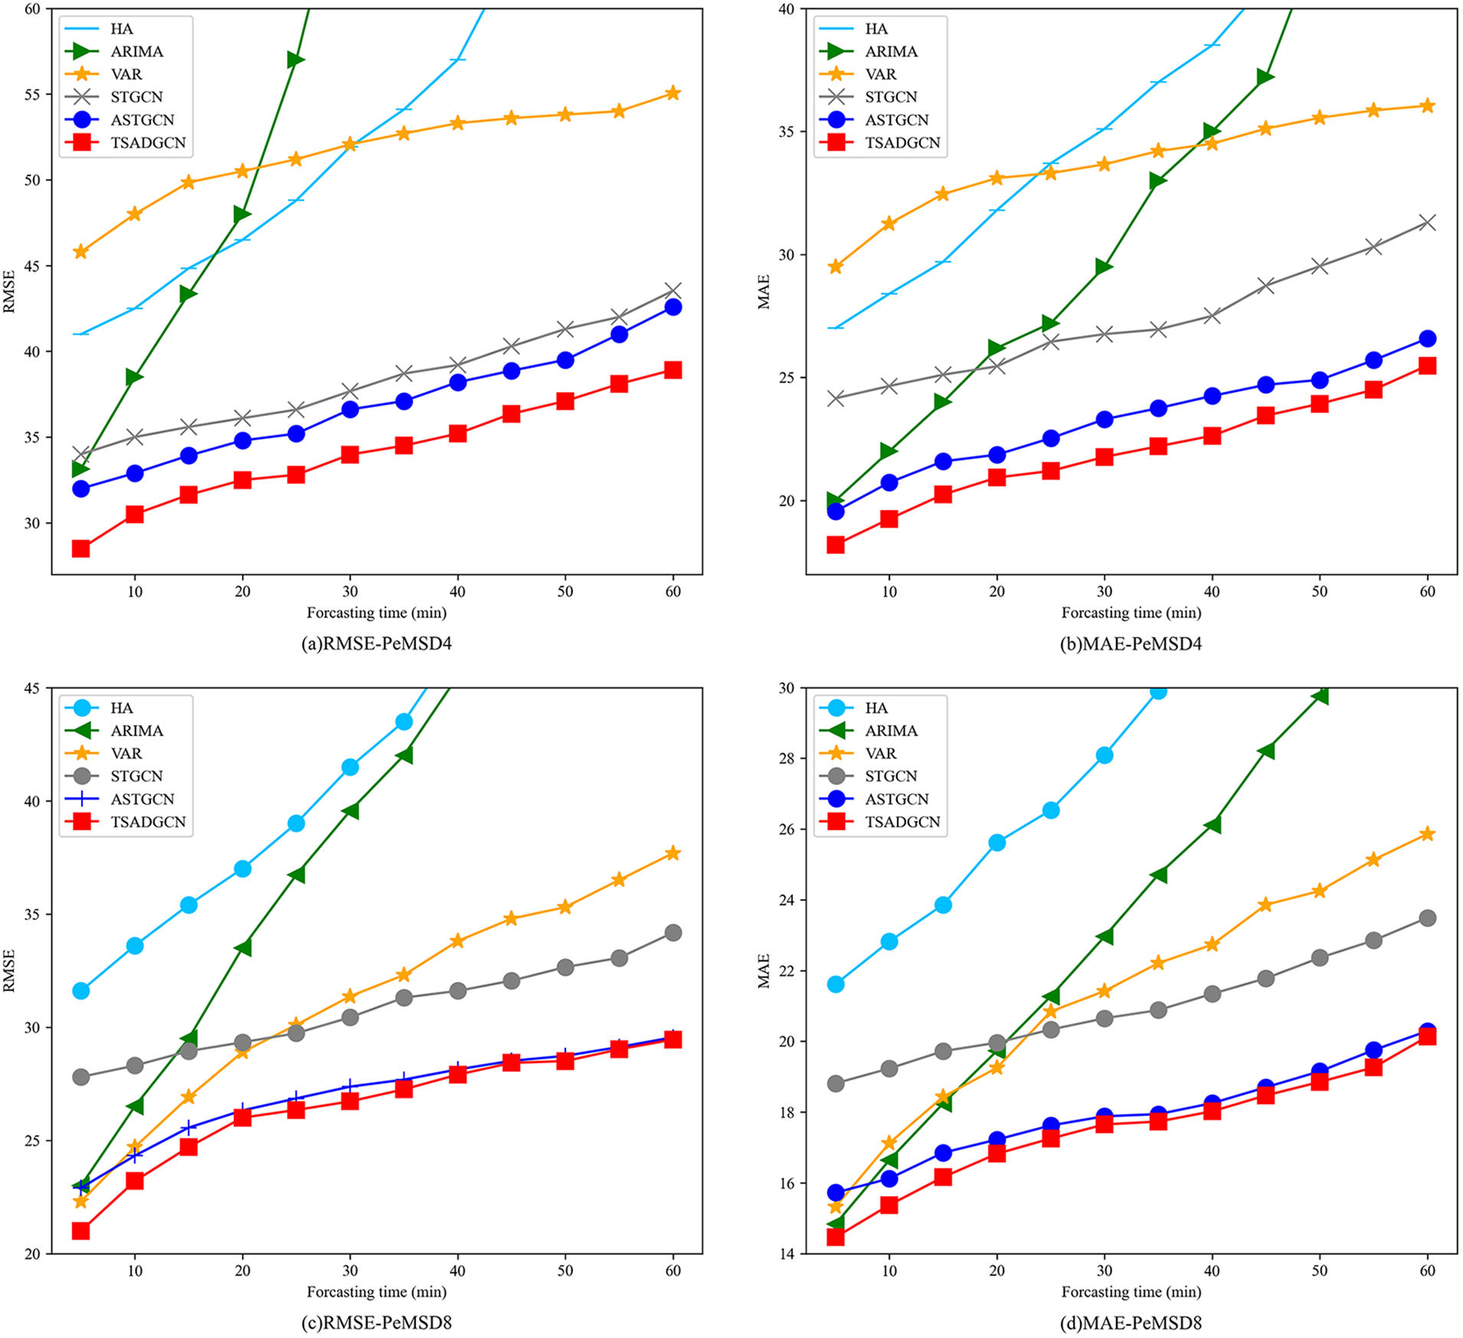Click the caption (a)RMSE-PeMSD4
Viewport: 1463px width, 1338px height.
click(376, 643)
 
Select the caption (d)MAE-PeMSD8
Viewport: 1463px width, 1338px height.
click(1131, 1323)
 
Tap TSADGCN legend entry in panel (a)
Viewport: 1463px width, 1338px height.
click(147, 142)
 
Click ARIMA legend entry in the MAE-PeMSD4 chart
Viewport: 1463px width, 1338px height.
click(891, 51)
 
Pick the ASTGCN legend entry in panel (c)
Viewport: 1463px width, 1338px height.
click(142, 799)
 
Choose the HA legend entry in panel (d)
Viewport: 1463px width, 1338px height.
click(876, 708)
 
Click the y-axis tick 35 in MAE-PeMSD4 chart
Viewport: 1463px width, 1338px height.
click(787, 132)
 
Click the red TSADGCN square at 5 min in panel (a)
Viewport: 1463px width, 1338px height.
click(80, 548)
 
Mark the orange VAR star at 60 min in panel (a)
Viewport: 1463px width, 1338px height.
click(673, 93)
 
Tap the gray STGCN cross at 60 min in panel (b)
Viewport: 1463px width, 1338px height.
click(1427, 223)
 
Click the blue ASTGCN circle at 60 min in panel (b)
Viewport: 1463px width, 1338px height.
click(1427, 339)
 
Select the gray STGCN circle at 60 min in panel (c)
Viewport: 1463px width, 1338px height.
click(673, 932)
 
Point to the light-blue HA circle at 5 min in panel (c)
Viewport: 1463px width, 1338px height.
click(80, 991)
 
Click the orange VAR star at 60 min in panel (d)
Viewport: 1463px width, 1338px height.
click(1427, 834)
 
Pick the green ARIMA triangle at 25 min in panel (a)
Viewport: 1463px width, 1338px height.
click(296, 60)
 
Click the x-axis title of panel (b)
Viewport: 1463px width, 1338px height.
click(1131, 613)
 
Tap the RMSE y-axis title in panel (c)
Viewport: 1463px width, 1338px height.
click(9, 970)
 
